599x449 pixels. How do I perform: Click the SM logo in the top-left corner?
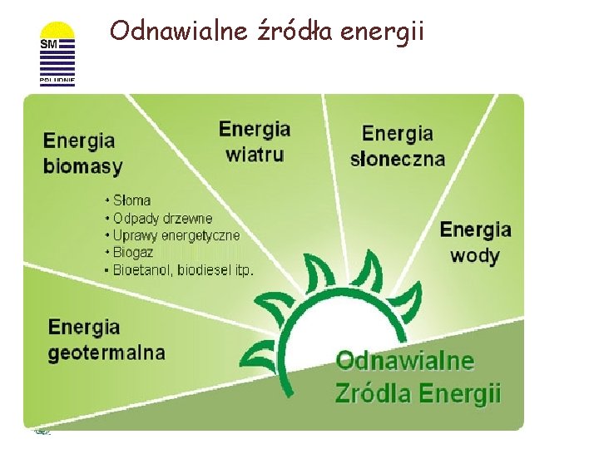point(57,54)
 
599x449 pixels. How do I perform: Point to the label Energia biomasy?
point(83,153)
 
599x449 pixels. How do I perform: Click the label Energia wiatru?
point(255,141)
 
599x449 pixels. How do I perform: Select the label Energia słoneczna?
point(398,146)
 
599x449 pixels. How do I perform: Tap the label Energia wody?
point(475,241)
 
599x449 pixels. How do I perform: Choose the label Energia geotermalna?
point(106,339)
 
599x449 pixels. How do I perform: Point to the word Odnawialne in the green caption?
point(404,362)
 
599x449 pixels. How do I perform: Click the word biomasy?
point(83,165)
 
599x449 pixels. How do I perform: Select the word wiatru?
point(255,154)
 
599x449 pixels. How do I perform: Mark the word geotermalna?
point(106,352)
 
